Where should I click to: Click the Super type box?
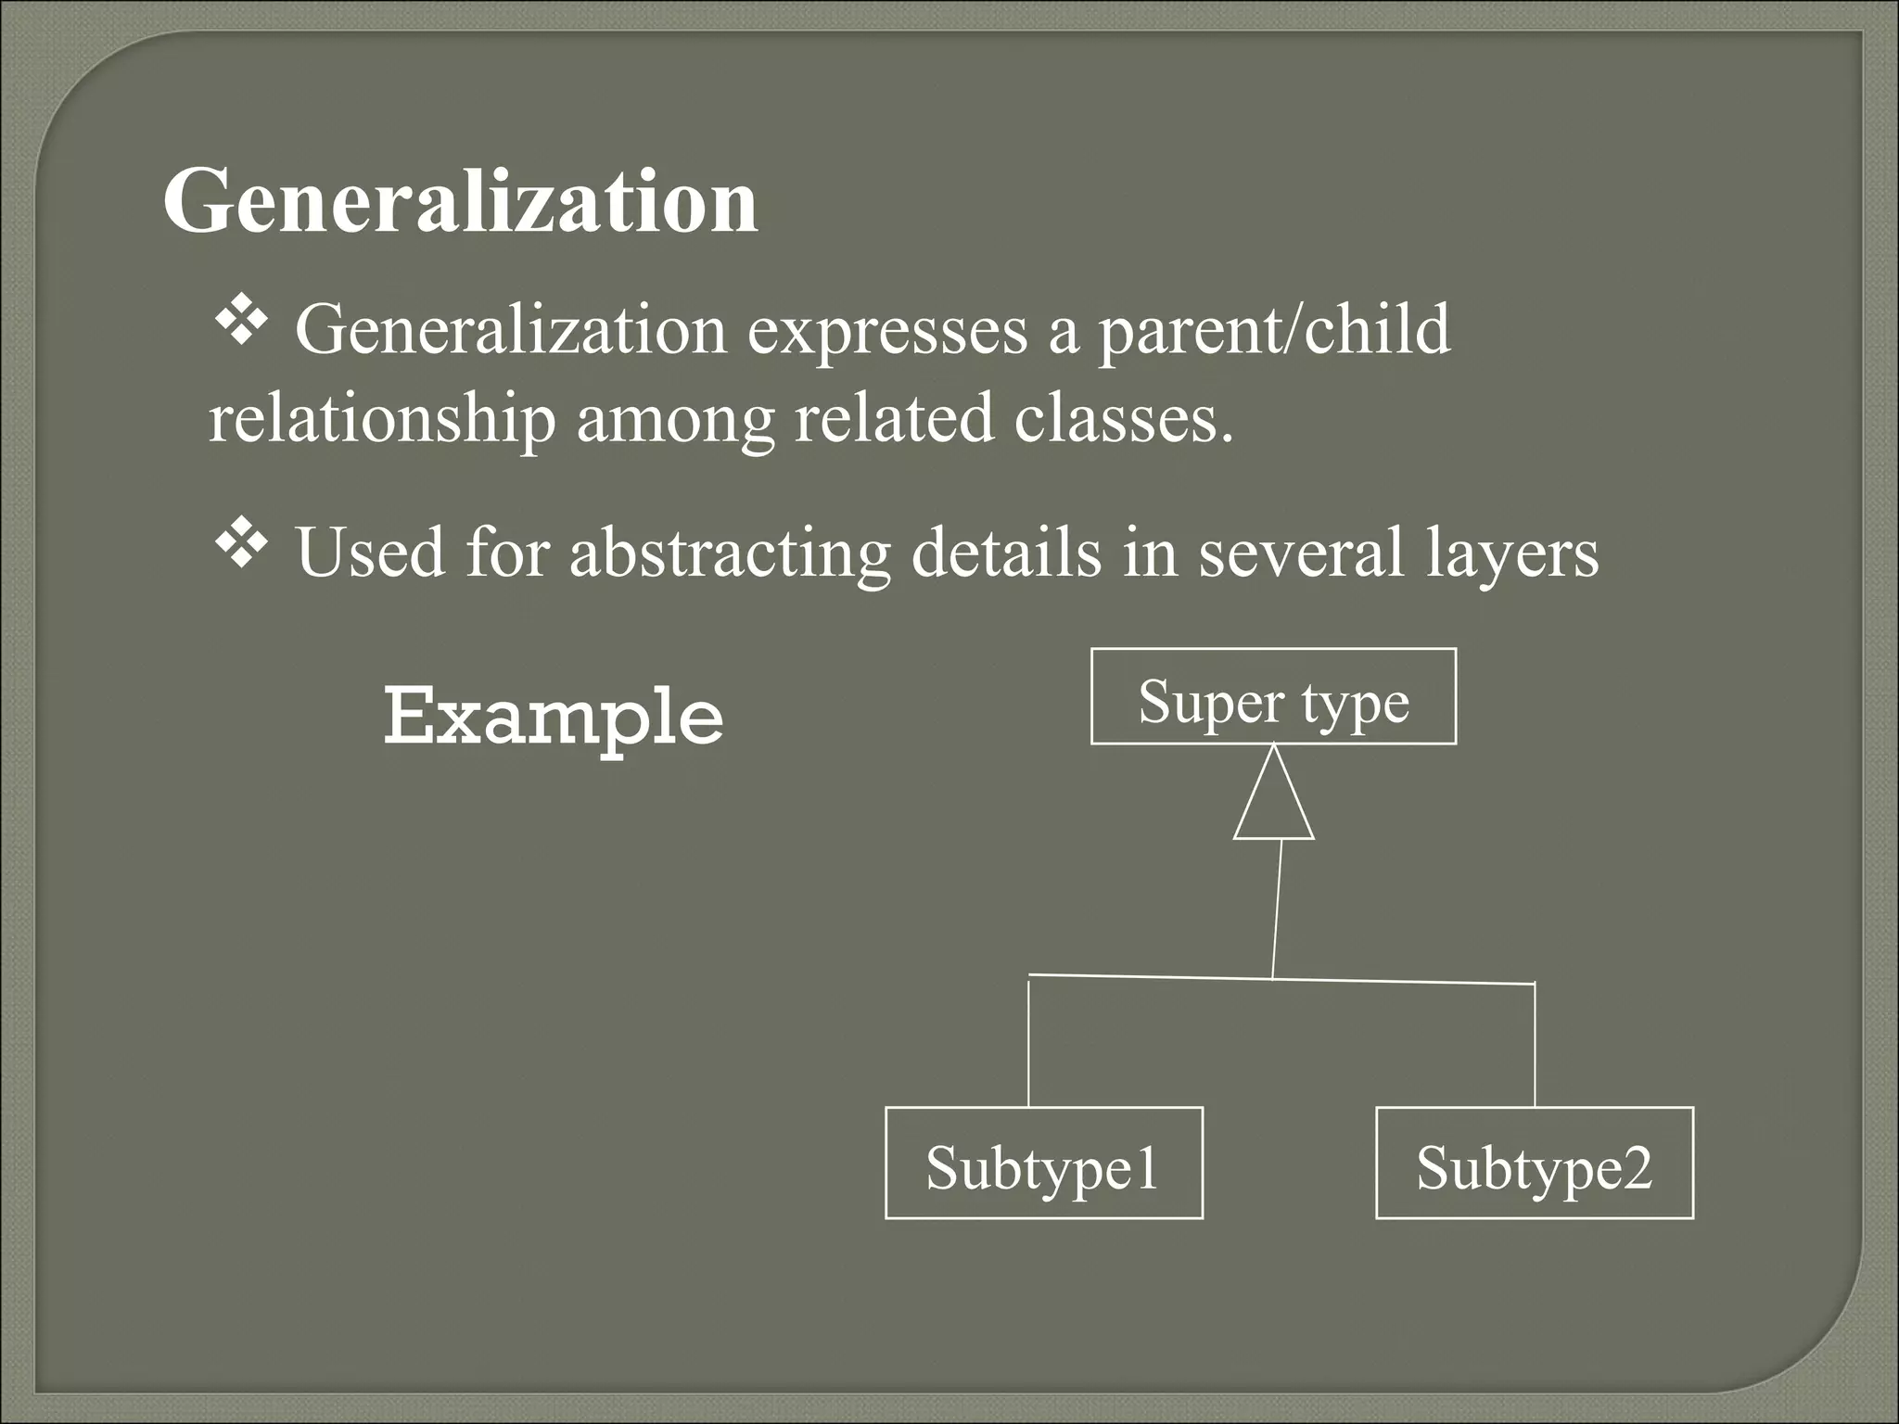1273,697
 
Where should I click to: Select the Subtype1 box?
1044,1163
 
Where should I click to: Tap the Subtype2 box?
1535,1163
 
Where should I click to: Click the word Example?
554,716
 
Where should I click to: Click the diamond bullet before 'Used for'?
241,544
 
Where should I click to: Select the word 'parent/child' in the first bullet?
1274,332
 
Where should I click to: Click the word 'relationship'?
382,419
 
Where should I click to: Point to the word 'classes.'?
1124,419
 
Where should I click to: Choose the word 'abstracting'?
730,554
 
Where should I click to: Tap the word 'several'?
1302,553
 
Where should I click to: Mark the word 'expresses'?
887,332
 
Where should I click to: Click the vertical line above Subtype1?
1028,1043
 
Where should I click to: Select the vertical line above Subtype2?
1535,1045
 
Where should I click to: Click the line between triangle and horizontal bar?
1277,909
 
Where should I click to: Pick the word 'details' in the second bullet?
1007,553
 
